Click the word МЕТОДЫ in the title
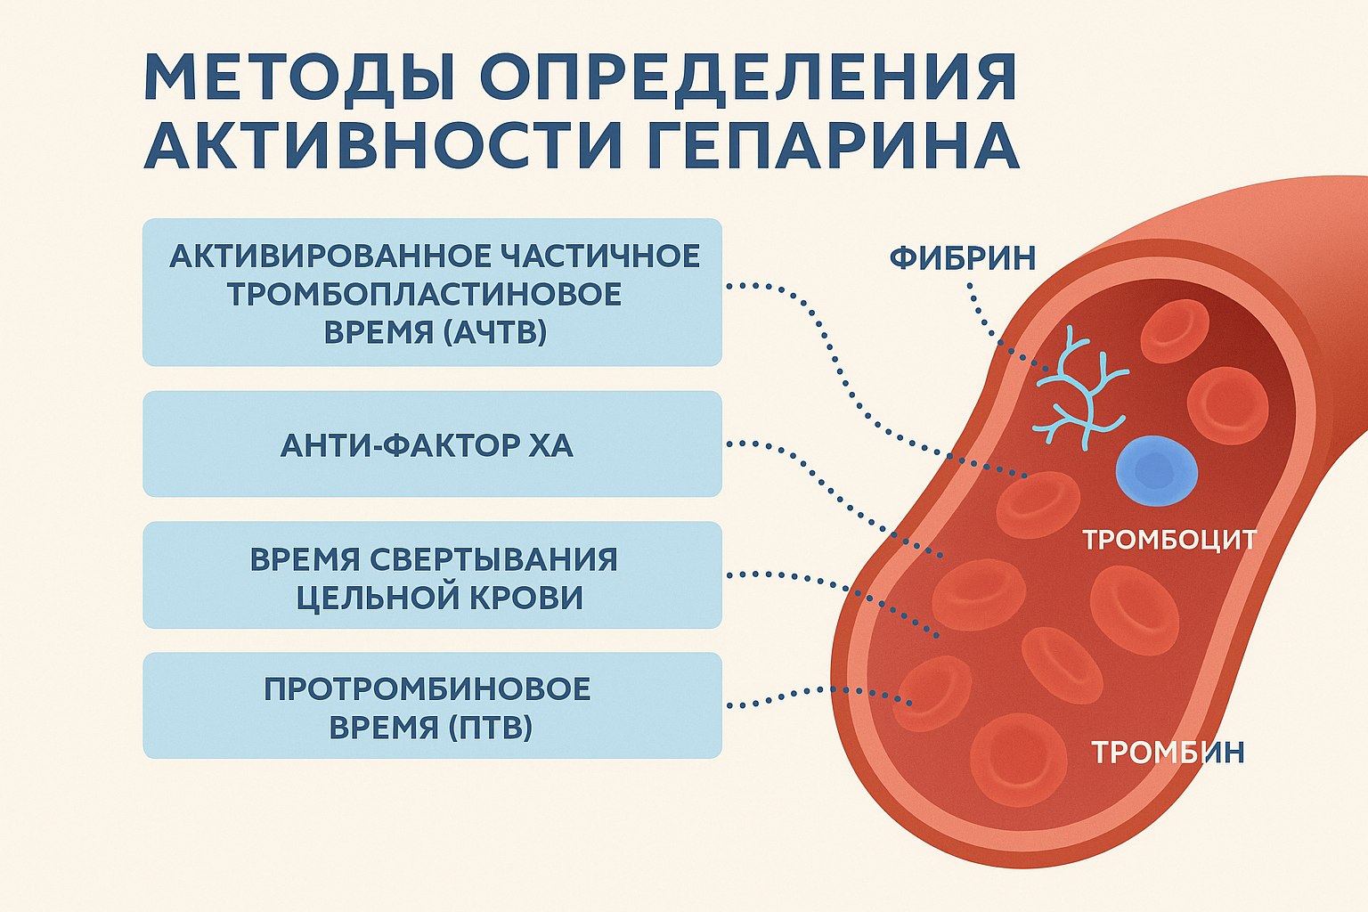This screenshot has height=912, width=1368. coord(300,77)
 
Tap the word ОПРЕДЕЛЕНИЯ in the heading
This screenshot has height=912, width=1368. coord(749,77)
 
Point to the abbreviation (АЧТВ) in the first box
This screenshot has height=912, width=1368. coord(496,333)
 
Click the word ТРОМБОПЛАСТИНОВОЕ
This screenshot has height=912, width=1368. coord(425,295)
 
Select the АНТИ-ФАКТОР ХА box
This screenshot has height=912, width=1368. coord(432,444)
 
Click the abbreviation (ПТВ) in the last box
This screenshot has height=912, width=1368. coord(491,728)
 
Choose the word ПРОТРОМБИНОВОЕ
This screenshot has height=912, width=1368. coord(427,689)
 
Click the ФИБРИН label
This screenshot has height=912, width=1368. coord(963,257)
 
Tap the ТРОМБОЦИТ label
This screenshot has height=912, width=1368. coord(1169,540)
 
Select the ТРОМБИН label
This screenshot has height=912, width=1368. coord(1168,752)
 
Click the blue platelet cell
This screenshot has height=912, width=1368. coord(1157,471)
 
